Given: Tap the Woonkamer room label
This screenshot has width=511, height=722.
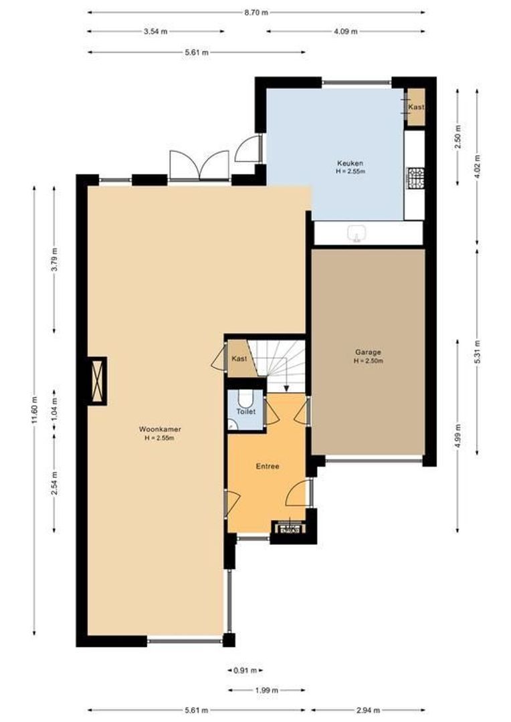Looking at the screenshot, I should coord(160,429).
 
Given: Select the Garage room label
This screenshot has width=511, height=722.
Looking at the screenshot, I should coord(368,352).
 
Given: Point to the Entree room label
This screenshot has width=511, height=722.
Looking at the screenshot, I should coord(268,466).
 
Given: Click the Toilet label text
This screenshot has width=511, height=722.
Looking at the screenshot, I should coord(245,412).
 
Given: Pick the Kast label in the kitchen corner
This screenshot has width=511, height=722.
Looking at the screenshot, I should coord(416,107).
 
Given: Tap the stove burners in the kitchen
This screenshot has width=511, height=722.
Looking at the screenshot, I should coord(416,178).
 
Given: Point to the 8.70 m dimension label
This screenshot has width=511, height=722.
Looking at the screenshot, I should coord(256,12).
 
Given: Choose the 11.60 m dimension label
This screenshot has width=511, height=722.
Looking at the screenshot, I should coord(35,411).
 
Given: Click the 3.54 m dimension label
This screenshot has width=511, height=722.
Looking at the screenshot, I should coord(155,31).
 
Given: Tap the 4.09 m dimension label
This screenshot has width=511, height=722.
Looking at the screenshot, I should coord(346,31).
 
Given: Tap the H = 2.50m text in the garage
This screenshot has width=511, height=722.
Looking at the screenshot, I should coord(368,361).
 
